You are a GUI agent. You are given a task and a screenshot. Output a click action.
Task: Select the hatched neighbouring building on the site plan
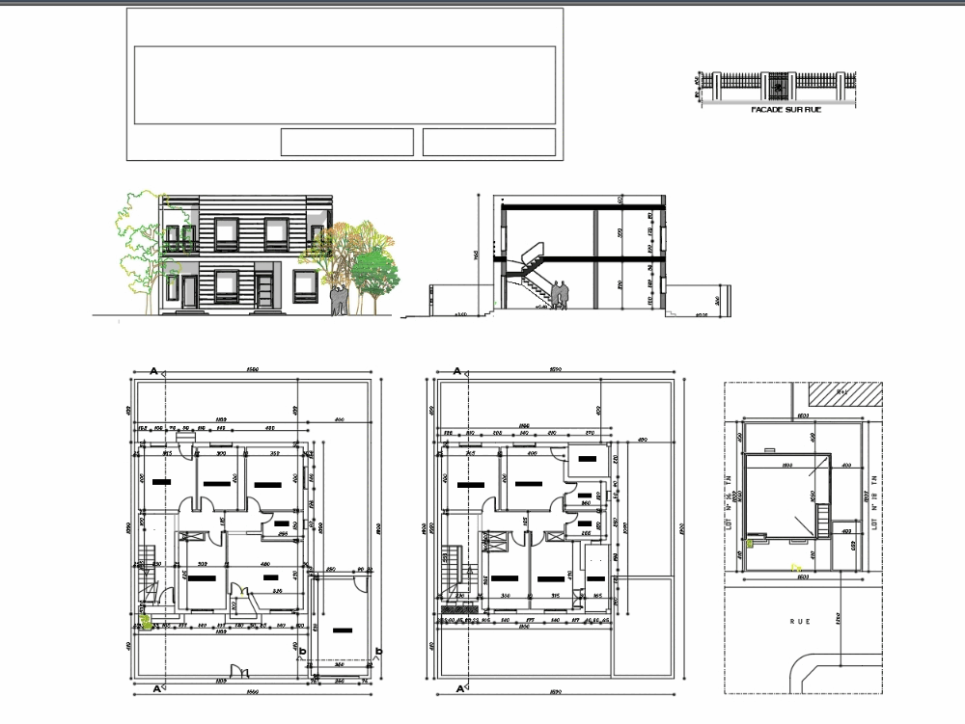[x=845, y=392]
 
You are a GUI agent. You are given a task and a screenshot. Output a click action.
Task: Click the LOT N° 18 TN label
[x=873, y=501]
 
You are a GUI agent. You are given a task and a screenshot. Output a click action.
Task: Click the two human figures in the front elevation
[x=337, y=300]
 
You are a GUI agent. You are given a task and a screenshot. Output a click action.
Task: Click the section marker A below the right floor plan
[x=456, y=689]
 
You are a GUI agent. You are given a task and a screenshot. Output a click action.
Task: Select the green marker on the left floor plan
[x=146, y=623]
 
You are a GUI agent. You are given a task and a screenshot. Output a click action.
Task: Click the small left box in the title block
[x=346, y=142]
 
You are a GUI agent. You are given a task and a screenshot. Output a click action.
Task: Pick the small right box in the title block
[x=489, y=142]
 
